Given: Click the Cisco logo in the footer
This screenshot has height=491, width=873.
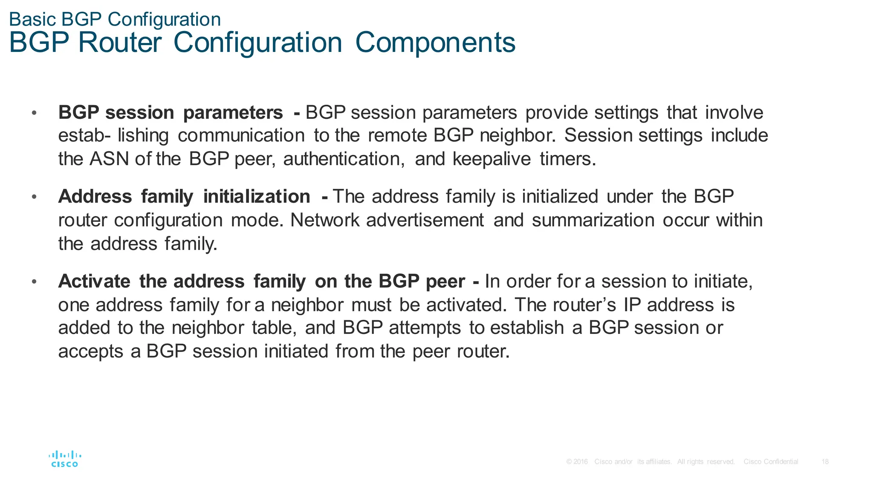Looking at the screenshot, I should click(65, 459).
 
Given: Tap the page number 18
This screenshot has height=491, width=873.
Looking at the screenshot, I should click(825, 462).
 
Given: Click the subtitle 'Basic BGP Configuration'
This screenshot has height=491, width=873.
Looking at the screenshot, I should click(115, 20).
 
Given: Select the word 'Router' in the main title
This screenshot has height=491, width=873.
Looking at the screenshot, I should click(120, 43).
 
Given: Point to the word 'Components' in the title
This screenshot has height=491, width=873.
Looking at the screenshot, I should click(435, 43).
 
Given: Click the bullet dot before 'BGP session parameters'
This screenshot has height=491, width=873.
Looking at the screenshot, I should click(34, 113).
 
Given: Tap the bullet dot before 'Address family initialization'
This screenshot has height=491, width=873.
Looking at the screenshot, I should click(34, 197).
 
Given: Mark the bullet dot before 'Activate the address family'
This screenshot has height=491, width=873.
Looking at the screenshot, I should click(34, 281).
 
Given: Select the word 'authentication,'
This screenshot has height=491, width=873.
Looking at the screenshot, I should click(344, 159).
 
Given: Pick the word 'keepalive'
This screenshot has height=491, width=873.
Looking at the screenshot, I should click(491, 159).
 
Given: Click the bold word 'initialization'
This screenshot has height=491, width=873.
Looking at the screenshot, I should click(257, 197).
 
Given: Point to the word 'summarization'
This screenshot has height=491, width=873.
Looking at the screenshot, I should click(593, 220).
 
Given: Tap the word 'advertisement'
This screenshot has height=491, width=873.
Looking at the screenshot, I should click(425, 220).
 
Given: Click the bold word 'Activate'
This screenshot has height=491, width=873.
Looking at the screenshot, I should click(94, 281).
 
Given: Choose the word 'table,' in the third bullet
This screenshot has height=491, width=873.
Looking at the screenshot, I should click(274, 328).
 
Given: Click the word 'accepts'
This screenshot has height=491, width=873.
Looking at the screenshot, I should click(90, 352).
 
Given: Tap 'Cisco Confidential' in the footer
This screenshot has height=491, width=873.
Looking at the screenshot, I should click(771, 462).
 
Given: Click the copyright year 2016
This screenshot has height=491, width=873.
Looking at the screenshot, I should click(581, 462).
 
